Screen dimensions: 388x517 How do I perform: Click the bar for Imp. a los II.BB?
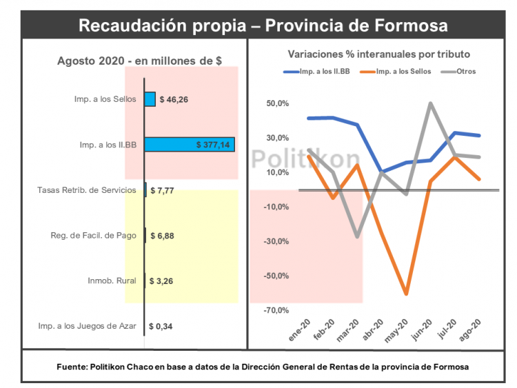(190, 144)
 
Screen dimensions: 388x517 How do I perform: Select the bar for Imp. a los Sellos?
(150, 99)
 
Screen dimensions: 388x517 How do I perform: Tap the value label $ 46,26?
(174, 99)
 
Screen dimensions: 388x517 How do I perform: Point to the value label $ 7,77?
(163, 190)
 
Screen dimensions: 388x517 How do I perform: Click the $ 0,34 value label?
(162, 326)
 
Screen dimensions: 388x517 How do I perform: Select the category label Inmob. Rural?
(112, 280)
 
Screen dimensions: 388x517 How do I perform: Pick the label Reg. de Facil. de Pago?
(93, 236)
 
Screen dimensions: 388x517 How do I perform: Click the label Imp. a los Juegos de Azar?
(87, 326)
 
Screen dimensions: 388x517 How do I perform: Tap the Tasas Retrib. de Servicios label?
(88, 190)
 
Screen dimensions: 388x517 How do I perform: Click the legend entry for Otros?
(466, 71)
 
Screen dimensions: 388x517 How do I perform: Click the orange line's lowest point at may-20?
(407, 294)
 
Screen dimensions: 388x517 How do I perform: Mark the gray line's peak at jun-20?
(431, 103)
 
